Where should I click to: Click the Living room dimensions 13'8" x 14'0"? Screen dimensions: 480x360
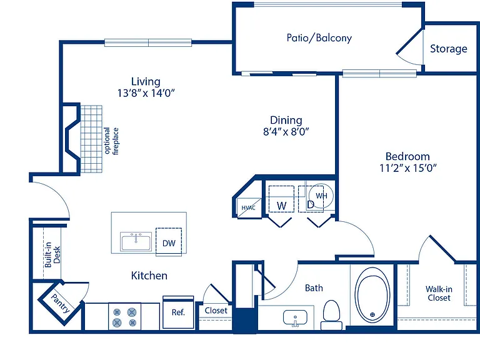point(146,92)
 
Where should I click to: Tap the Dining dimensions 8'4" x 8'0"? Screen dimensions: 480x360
point(286,132)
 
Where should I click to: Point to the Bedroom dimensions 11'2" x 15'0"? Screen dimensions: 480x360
point(407,168)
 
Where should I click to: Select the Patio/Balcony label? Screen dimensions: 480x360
point(319,38)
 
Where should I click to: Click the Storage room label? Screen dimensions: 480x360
point(449,49)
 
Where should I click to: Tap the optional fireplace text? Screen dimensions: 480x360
point(111,141)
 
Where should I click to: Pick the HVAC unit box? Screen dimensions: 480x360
point(249,208)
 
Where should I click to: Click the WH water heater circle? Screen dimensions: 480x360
point(321,196)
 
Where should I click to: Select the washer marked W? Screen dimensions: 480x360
point(281,199)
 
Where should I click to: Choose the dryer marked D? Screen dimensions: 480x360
point(311,199)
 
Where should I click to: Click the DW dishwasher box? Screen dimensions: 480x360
point(169,242)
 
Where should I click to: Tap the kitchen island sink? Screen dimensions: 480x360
point(136,241)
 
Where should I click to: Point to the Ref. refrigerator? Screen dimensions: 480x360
point(178,312)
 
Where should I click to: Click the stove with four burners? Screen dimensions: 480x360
point(124,317)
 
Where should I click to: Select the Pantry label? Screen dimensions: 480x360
point(60,303)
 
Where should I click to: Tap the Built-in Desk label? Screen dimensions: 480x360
point(52,255)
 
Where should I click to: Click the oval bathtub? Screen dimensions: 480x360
point(372,295)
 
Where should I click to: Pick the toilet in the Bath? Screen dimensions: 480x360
point(331,315)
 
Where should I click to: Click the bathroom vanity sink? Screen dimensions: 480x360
point(295,318)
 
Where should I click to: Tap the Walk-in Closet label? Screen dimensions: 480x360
point(439,294)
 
